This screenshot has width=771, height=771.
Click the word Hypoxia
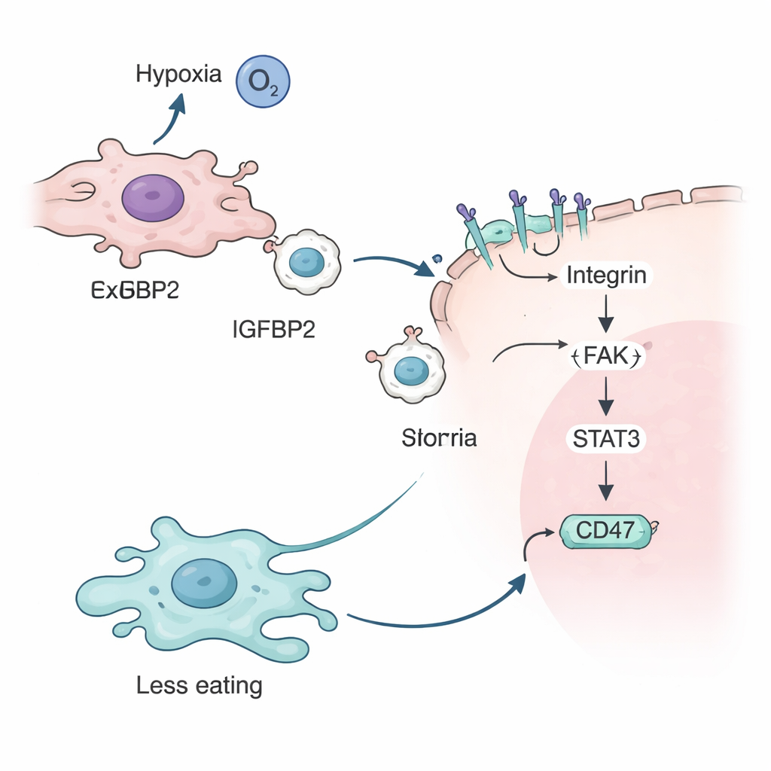tap(179, 75)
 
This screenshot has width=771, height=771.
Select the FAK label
tap(605, 355)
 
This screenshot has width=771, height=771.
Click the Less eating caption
tap(200, 686)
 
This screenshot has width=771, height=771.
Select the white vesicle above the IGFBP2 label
tap(306, 261)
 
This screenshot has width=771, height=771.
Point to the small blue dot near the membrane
tap(436, 261)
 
